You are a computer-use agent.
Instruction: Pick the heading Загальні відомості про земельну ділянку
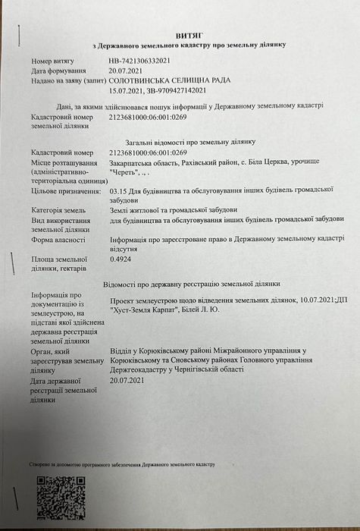(x=191, y=142)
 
